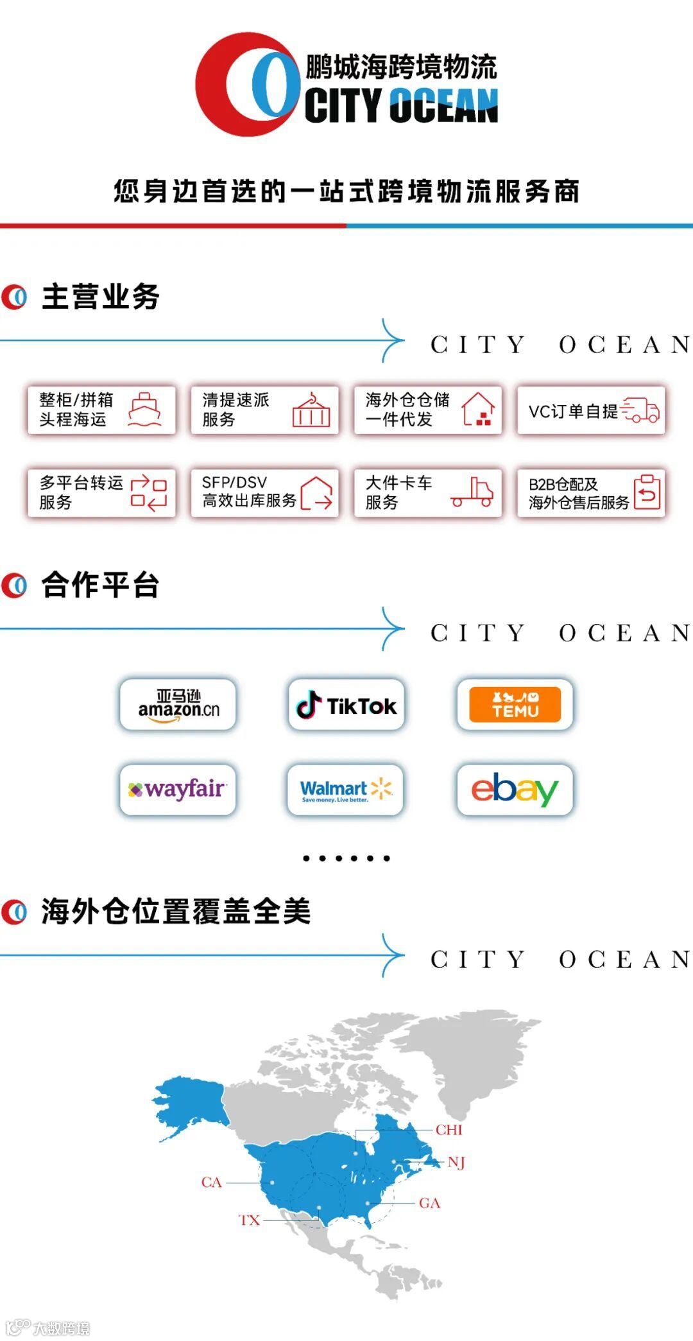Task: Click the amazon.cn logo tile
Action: tap(178, 704)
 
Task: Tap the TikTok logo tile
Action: tap(346, 704)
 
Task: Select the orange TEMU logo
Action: tap(515, 704)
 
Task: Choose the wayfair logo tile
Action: tap(178, 789)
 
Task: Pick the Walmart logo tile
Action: tap(346, 789)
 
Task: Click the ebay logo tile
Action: tap(515, 789)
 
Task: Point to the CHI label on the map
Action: tap(449, 1129)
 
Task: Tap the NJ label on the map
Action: tap(456, 1162)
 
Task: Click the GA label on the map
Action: tap(429, 1203)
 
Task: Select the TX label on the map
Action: tap(250, 1220)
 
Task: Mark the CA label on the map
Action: tap(211, 1182)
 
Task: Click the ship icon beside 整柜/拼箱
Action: tap(145, 410)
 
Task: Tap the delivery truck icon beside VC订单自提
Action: tap(640, 410)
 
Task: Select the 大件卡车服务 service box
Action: tap(428, 492)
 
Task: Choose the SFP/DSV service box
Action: tap(264, 492)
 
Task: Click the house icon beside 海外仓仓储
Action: tap(479, 410)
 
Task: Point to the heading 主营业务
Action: tap(101, 297)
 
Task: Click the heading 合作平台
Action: tap(101, 585)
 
